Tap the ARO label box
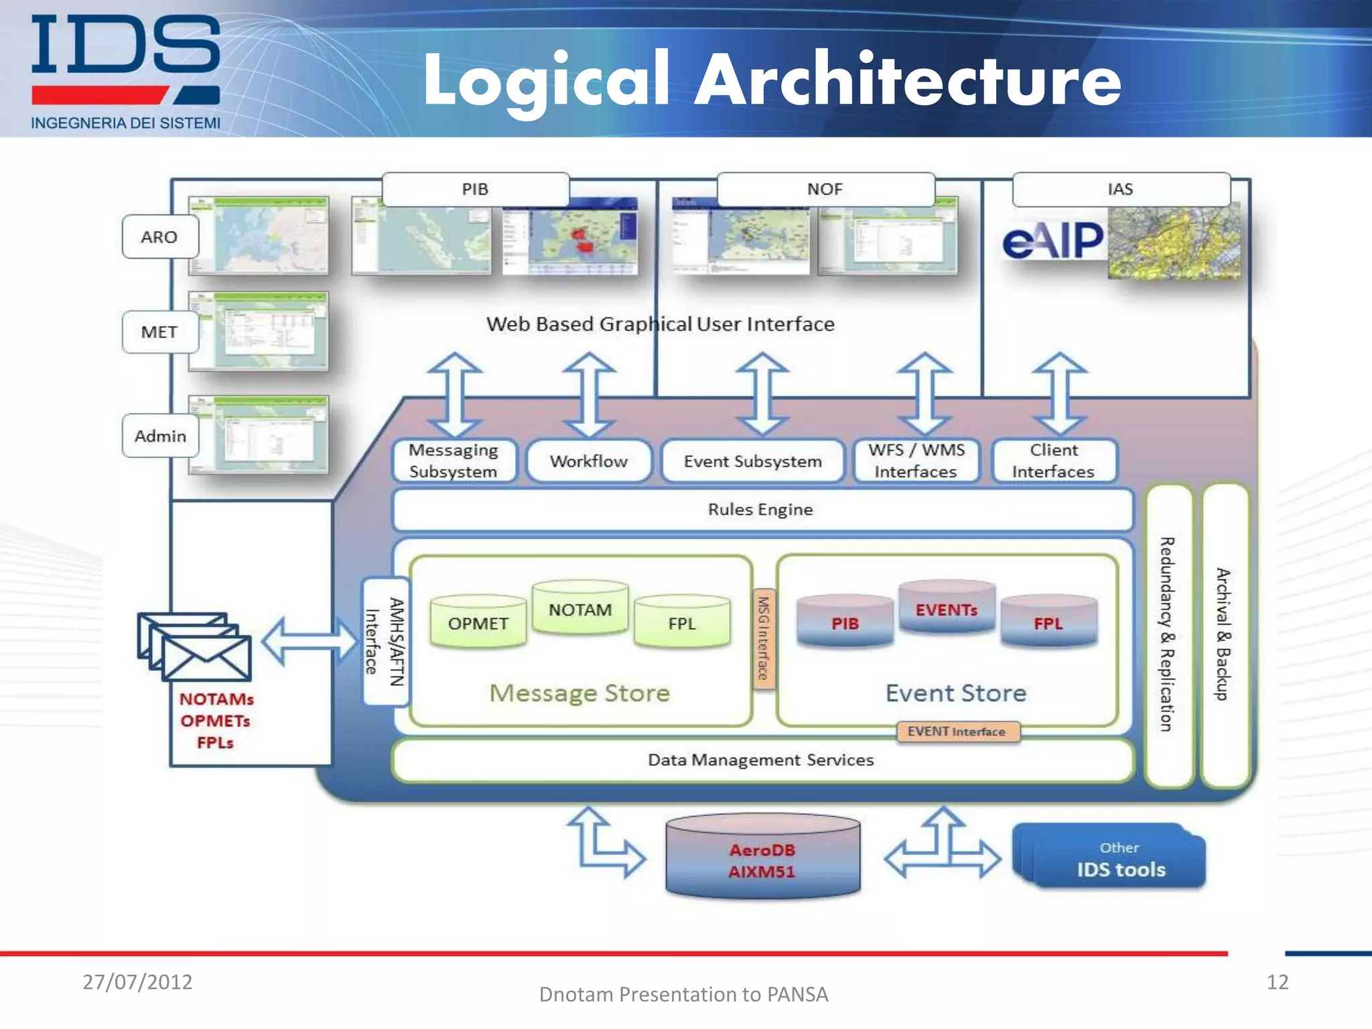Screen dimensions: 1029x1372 (x=160, y=237)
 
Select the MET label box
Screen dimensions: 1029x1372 (x=160, y=332)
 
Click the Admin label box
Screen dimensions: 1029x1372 (x=160, y=436)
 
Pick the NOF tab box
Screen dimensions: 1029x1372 (x=825, y=190)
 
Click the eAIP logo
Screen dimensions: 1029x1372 (x=1052, y=241)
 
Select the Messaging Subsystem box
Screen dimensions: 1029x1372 (x=454, y=461)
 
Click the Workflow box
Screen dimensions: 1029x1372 (x=589, y=461)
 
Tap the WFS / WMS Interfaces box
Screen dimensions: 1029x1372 (x=916, y=461)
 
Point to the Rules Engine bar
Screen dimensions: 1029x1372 (x=761, y=510)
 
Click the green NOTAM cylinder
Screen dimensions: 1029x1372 (x=580, y=610)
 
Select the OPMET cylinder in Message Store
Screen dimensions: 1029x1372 (x=478, y=624)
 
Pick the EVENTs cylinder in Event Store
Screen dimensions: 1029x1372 (x=947, y=610)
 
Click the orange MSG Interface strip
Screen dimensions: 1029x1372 (x=763, y=638)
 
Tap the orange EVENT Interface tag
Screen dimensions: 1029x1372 (x=957, y=732)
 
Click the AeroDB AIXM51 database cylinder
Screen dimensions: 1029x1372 (x=762, y=860)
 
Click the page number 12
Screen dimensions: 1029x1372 (x=1277, y=982)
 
